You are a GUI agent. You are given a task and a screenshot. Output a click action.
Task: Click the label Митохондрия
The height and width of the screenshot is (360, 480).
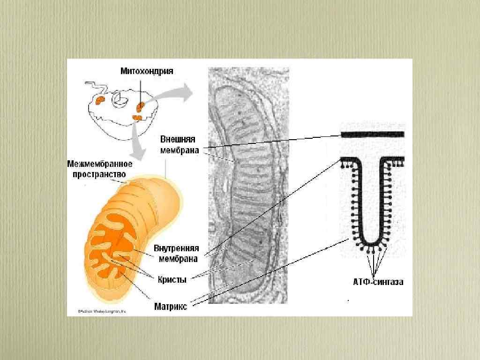pyautogui.click(x=147, y=71)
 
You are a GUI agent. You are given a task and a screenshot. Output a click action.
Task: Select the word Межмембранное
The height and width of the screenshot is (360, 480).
pyautogui.click(x=99, y=164)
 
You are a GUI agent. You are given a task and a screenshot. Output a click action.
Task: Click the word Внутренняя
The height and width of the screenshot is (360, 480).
pyautogui.click(x=176, y=248)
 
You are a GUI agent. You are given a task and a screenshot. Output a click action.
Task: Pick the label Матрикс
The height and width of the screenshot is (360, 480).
pyautogui.click(x=171, y=307)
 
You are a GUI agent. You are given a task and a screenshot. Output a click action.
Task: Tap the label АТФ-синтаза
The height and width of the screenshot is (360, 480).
pyautogui.click(x=378, y=282)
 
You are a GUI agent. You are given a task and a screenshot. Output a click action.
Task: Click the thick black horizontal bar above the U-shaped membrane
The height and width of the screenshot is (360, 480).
pyautogui.click(x=373, y=135)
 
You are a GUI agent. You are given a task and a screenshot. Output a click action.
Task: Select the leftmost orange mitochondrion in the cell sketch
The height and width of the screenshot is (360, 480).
pyautogui.click(x=100, y=100)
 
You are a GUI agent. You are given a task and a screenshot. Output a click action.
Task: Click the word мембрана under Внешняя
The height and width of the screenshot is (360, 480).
pyautogui.click(x=179, y=150)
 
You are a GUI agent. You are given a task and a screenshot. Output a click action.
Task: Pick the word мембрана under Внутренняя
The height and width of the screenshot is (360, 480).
pyautogui.click(x=176, y=258)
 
